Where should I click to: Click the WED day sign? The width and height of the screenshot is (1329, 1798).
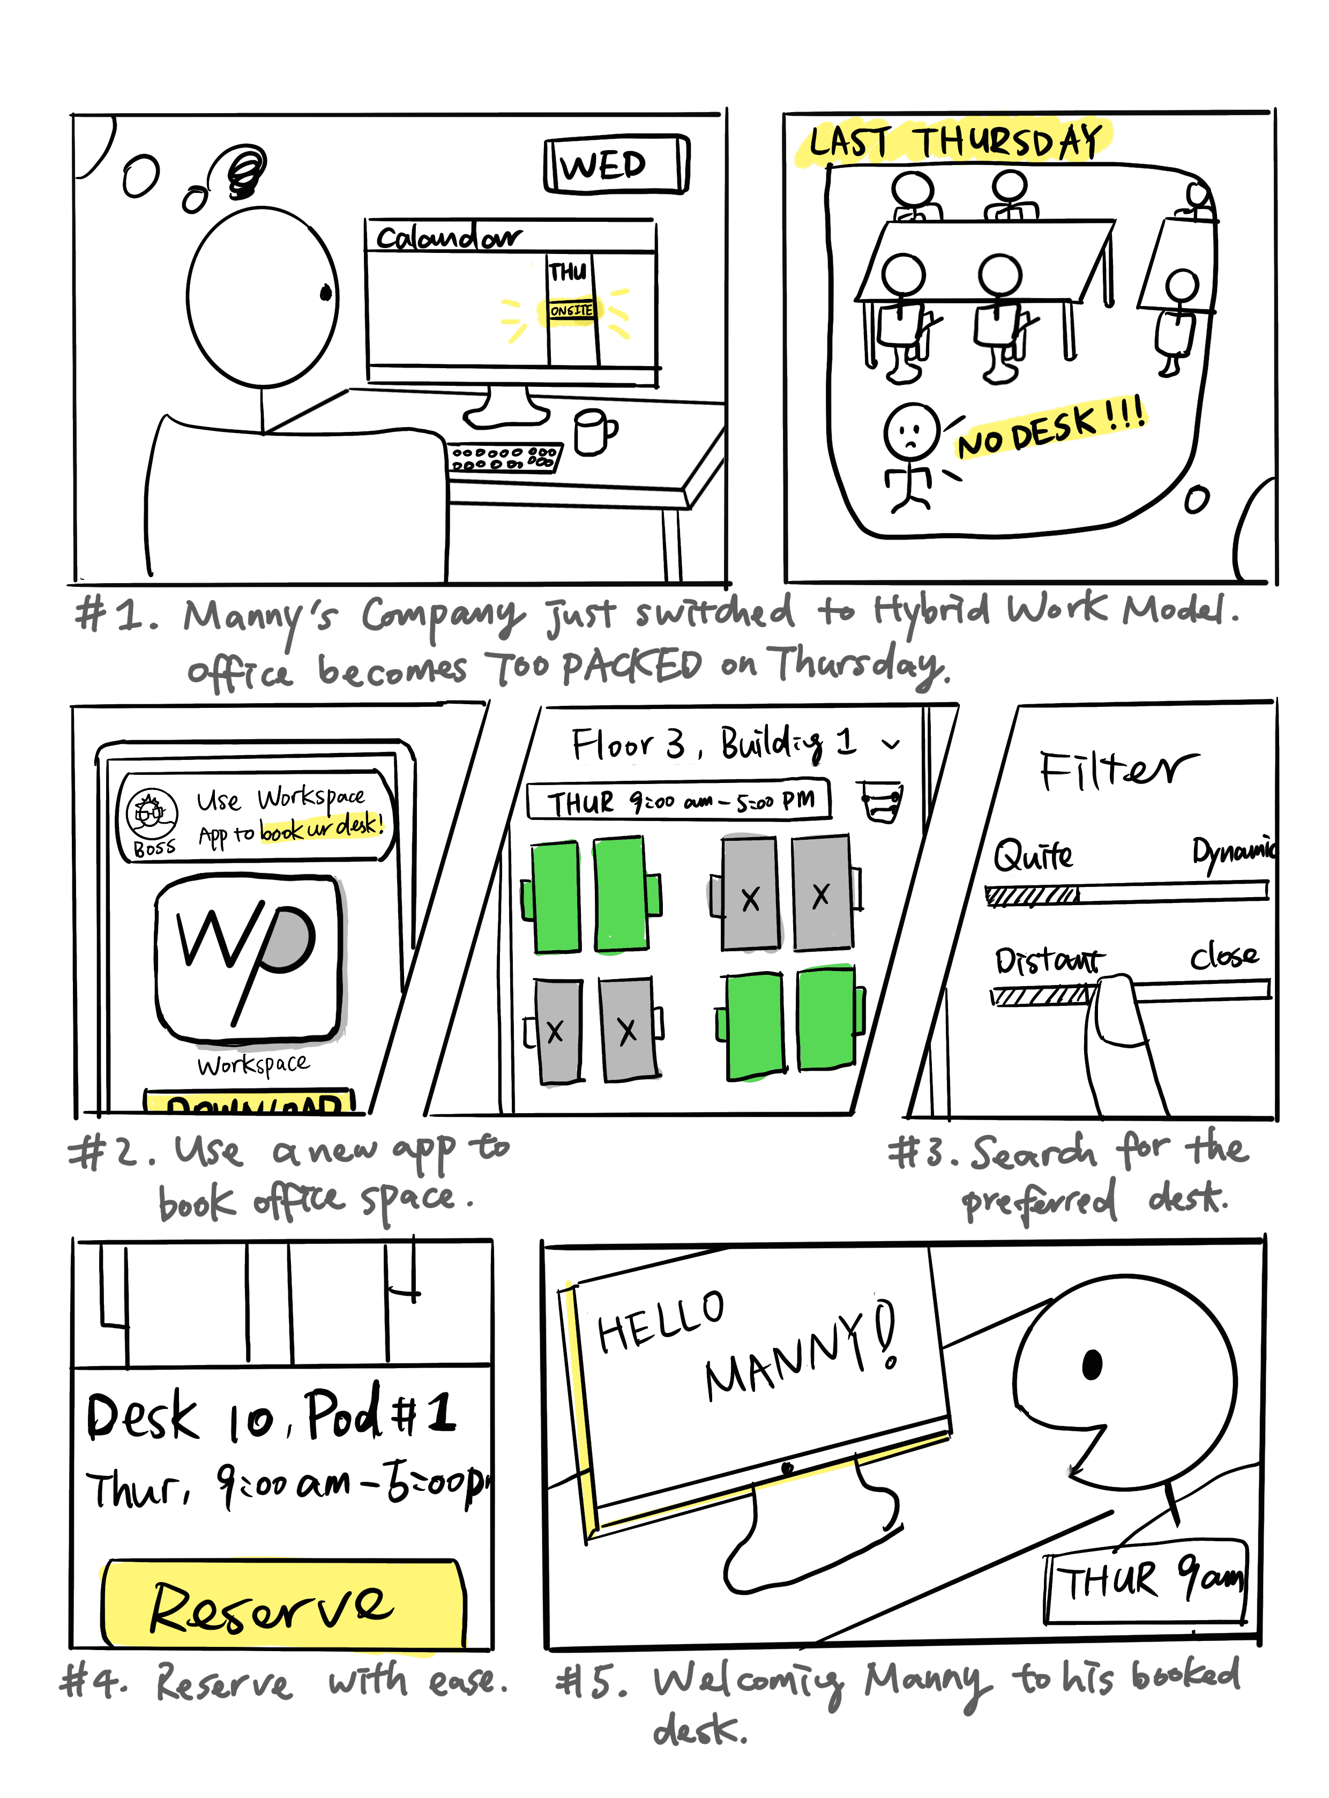coord(615,165)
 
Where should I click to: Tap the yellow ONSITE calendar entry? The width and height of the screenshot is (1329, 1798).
coord(572,310)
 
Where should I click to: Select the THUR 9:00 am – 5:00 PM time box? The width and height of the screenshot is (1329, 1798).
coord(678,801)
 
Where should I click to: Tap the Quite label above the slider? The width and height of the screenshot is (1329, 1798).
coord(1032,855)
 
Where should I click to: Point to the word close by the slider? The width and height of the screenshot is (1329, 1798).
coord(1223,956)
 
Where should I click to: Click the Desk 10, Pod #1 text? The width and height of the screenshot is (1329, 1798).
coord(271,1416)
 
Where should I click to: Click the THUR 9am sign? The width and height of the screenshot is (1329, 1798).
coord(1146,1580)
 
